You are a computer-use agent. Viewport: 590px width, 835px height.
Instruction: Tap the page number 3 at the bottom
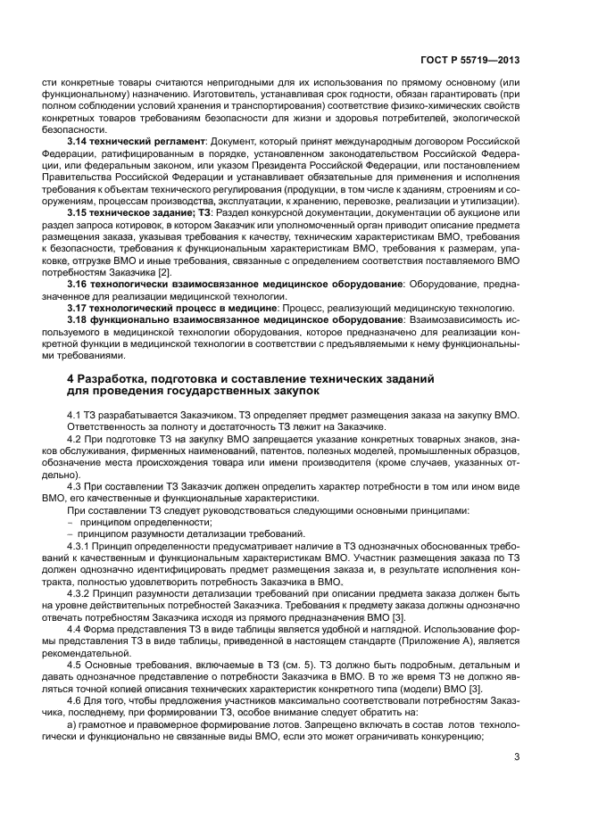(x=517, y=759)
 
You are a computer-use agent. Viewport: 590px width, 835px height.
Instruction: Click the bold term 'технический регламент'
(x=148, y=142)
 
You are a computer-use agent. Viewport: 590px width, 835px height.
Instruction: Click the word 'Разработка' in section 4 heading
(x=120, y=379)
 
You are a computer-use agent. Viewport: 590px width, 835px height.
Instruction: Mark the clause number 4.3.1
(x=81, y=545)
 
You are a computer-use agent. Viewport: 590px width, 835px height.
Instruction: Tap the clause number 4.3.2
(x=81, y=591)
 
